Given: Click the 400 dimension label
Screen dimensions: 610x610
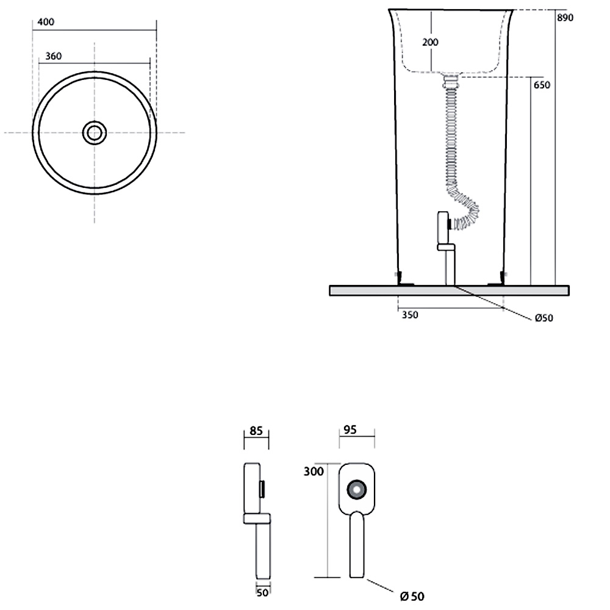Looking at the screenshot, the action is click(x=46, y=22).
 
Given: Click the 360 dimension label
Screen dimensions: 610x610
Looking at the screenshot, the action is click(x=53, y=56).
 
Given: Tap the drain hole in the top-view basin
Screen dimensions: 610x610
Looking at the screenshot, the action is click(x=94, y=132).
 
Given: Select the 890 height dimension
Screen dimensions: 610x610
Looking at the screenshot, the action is click(x=565, y=18).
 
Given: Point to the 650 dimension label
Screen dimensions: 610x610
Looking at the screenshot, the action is click(x=542, y=85).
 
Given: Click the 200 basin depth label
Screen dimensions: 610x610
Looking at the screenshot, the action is click(x=430, y=42).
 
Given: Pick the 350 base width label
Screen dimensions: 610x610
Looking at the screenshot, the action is click(x=410, y=315).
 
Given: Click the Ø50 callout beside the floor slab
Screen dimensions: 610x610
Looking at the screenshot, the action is click(x=544, y=318).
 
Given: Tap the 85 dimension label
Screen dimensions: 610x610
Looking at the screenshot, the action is click(x=256, y=431).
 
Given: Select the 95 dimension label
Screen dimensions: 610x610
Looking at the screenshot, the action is click(x=350, y=429).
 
